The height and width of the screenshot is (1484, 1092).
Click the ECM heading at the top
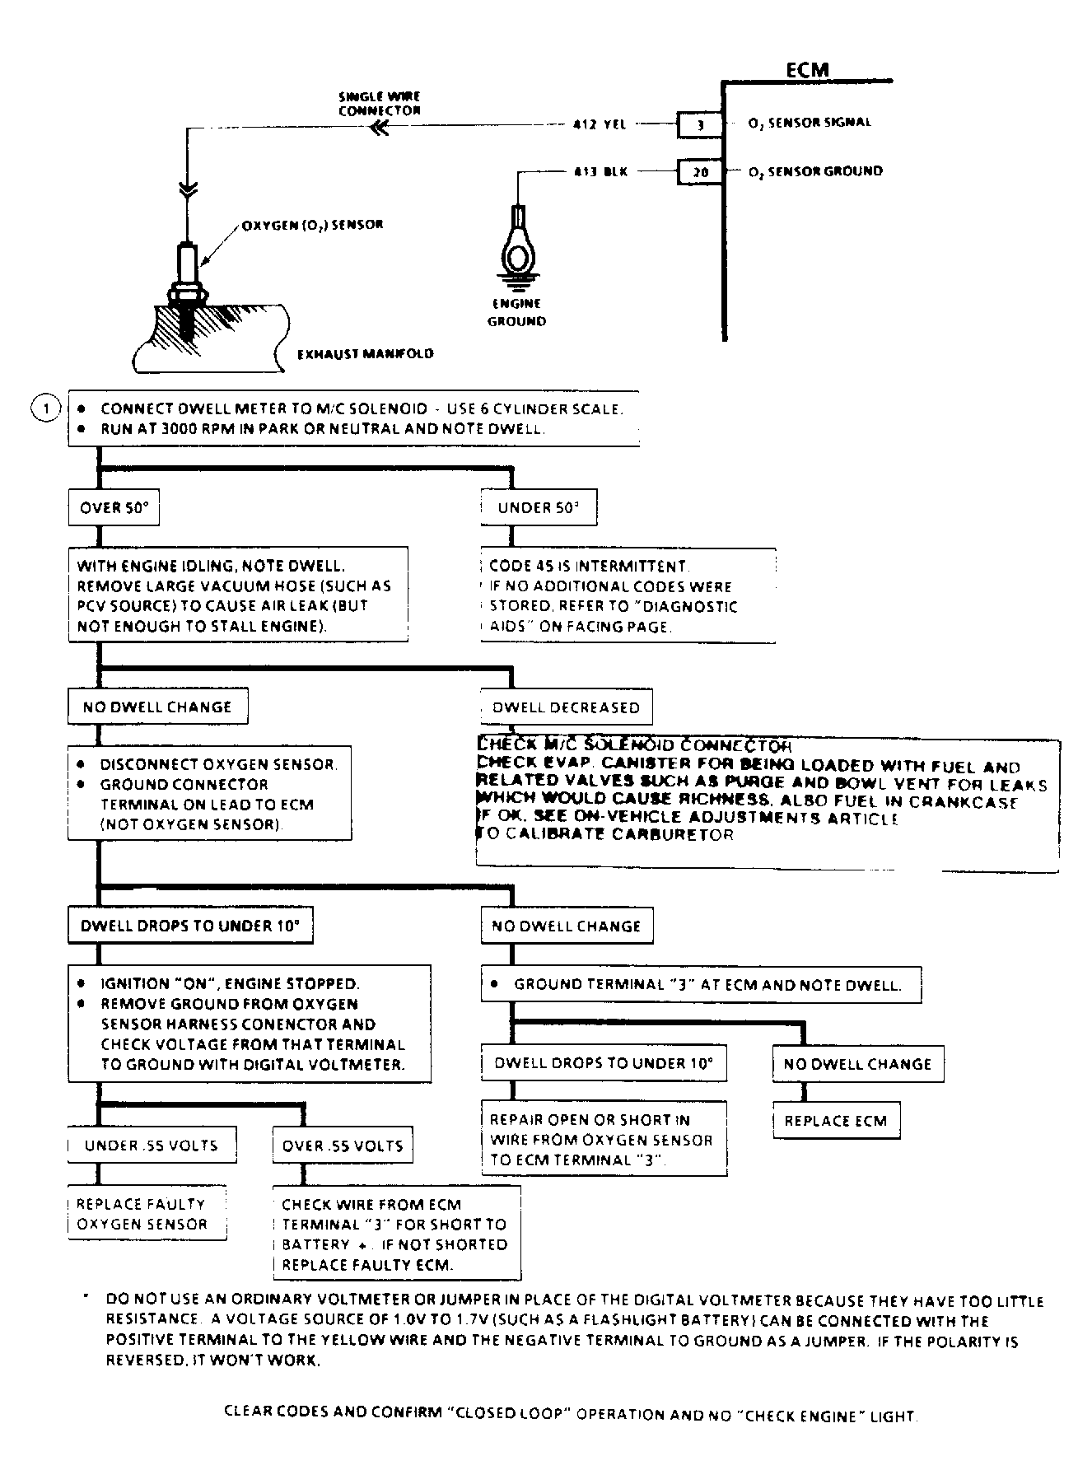(806, 70)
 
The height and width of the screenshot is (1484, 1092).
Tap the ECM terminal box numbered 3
(700, 124)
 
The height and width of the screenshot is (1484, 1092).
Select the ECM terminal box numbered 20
(700, 172)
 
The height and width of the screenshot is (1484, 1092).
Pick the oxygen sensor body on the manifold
(188, 268)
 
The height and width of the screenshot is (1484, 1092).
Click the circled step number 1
(46, 408)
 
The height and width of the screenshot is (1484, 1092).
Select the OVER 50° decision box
(114, 508)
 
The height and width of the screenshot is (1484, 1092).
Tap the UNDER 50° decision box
(539, 508)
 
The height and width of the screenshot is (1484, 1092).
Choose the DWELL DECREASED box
(566, 707)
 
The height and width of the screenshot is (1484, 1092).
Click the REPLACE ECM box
(836, 1121)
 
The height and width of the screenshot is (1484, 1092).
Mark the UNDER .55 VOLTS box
(152, 1146)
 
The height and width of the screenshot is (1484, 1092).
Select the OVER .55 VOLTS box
(343, 1146)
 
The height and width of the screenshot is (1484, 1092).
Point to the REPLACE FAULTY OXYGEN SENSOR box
(147, 1214)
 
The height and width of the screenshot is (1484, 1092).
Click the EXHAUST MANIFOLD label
(365, 354)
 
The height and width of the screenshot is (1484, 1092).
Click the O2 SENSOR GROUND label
(815, 172)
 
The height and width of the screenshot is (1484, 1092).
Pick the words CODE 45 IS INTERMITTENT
(589, 567)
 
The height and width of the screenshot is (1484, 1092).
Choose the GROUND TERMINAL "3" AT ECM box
(701, 984)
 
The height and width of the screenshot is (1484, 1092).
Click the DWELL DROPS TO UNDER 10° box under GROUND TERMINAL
(603, 1063)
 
